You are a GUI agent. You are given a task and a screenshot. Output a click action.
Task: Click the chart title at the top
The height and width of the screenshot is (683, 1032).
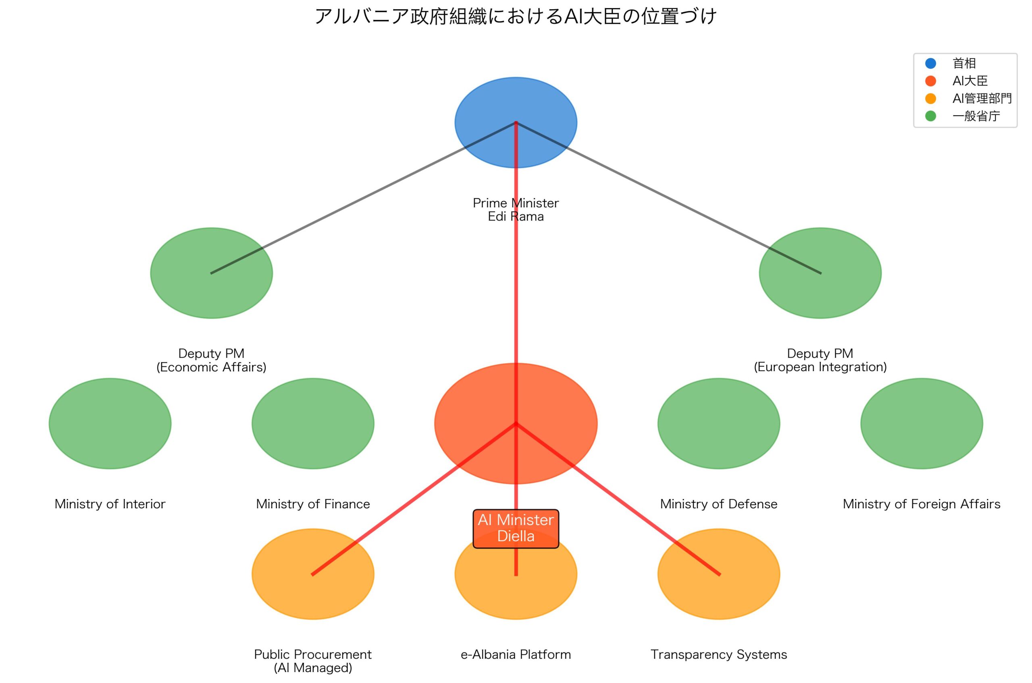pos(515,17)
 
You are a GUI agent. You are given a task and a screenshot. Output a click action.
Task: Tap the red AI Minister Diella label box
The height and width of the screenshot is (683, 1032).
pos(515,528)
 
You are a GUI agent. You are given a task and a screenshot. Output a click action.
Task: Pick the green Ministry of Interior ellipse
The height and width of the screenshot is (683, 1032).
pos(110,423)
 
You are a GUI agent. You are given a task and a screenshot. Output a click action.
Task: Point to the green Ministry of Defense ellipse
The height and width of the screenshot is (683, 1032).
pos(718,423)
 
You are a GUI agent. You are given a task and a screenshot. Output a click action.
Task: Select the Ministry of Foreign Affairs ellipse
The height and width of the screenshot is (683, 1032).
pos(921,423)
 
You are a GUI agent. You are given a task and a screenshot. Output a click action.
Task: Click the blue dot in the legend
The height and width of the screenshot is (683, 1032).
pos(930,64)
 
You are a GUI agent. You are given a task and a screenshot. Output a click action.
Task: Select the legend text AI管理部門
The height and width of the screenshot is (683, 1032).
pos(982,98)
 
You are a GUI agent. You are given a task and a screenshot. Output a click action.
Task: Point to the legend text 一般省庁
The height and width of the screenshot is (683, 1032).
pos(976,116)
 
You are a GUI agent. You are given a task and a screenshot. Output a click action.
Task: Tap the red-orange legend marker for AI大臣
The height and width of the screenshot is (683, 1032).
pos(930,81)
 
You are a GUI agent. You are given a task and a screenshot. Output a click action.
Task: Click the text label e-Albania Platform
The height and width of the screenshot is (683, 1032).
pos(515,655)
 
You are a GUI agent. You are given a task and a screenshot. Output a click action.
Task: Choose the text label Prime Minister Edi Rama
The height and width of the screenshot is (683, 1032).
pos(515,209)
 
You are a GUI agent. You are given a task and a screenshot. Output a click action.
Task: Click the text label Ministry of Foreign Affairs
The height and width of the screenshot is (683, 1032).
pos(921,504)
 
